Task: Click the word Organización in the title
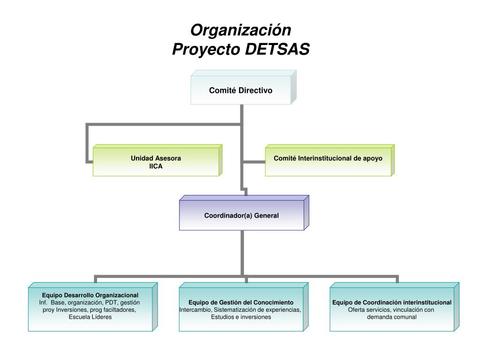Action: click(240, 30)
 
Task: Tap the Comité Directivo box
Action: click(240, 90)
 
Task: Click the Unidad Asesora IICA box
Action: click(156, 162)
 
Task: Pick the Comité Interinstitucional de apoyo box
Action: click(328, 162)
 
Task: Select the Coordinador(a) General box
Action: click(241, 216)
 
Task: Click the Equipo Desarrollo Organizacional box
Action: click(90, 307)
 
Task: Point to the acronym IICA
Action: click(156, 166)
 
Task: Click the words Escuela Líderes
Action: click(90, 317)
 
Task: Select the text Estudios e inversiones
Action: click(241, 317)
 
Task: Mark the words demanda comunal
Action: click(392, 317)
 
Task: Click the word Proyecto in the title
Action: click(206, 49)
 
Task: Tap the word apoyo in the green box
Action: click(373, 158)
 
